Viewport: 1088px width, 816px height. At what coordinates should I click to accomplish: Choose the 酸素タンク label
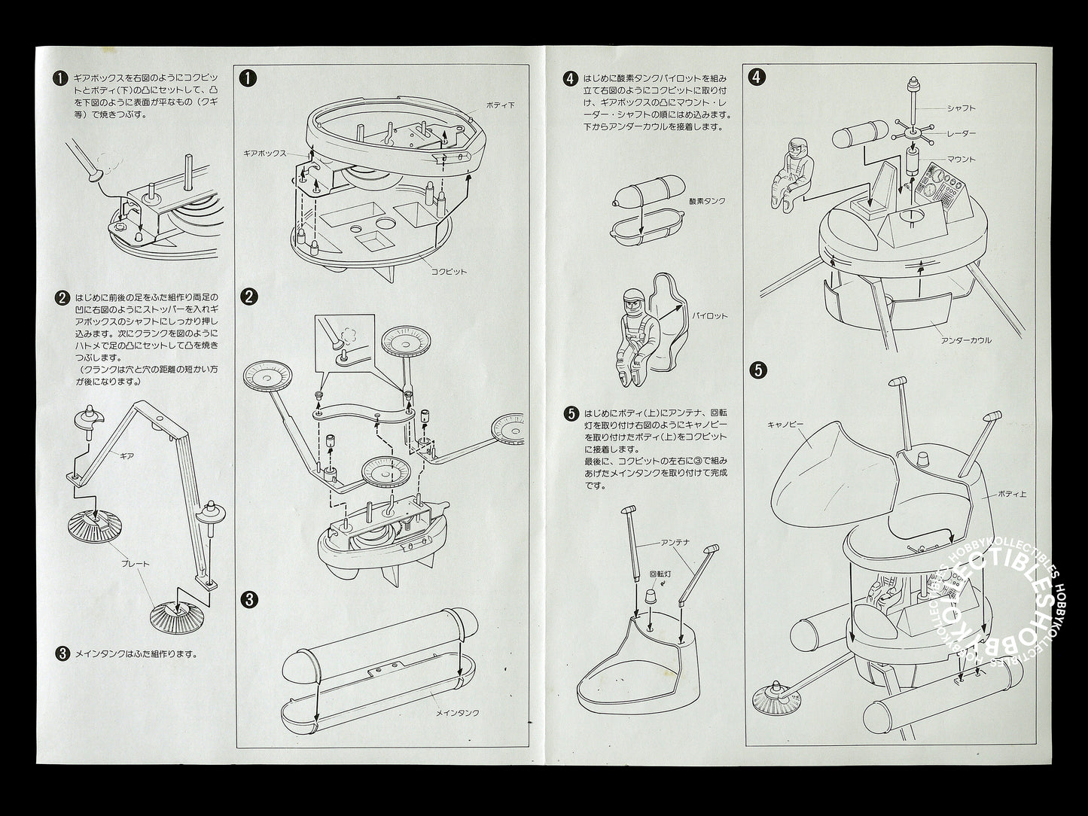click(x=706, y=201)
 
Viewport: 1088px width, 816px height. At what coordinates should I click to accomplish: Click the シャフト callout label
click(x=962, y=108)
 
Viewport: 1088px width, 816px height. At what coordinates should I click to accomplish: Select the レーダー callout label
click(x=962, y=133)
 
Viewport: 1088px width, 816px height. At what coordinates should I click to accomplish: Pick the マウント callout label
click(x=962, y=159)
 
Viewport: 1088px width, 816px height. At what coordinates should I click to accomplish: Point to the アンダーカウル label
click(x=967, y=339)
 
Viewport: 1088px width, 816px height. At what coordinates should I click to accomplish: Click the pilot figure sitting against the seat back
click(x=632, y=331)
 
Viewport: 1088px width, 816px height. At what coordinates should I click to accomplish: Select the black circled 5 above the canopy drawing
click(x=759, y=370)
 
